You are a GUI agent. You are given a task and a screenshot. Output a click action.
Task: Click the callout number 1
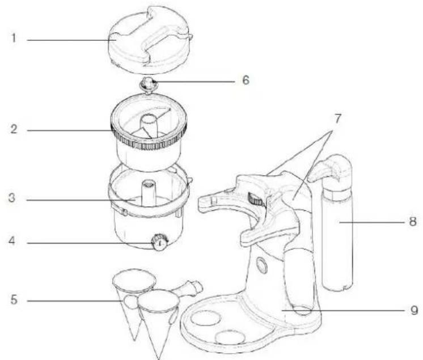[14, 38]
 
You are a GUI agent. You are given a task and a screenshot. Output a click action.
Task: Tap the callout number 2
[14, 129]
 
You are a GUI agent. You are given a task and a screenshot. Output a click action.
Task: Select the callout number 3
[12, 198]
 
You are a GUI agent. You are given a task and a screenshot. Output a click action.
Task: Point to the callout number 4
[12, 241]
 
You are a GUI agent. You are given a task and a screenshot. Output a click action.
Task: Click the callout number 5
[14, 299]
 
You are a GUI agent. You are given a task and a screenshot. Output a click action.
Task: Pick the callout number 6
[246, 80]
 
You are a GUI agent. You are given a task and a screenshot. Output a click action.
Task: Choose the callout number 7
[337, 119]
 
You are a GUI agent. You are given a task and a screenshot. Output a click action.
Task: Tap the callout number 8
[413, 222]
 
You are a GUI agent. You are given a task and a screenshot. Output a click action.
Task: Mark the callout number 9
[414, 310]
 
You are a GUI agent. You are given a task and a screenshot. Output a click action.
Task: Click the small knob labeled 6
[147, 84]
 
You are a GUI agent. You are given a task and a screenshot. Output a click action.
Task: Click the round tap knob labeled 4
[160, 242]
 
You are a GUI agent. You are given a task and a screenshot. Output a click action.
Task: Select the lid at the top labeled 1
[150, 40]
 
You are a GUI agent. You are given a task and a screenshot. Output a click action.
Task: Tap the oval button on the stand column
[261, 264]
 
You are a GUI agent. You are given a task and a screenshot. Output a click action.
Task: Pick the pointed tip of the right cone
[159, 358]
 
